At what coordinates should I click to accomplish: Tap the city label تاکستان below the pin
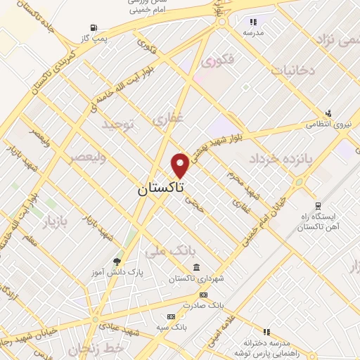click(161, 188)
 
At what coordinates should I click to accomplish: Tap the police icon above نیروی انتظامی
click(328, 112)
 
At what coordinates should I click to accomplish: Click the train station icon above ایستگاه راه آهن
click(318, 206)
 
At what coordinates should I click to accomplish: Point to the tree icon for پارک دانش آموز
click(116, 261)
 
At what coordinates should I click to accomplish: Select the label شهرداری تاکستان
click(196, 278)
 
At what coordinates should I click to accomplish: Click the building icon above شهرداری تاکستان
click(196, 267)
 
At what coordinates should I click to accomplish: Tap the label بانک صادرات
click(202, 306)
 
